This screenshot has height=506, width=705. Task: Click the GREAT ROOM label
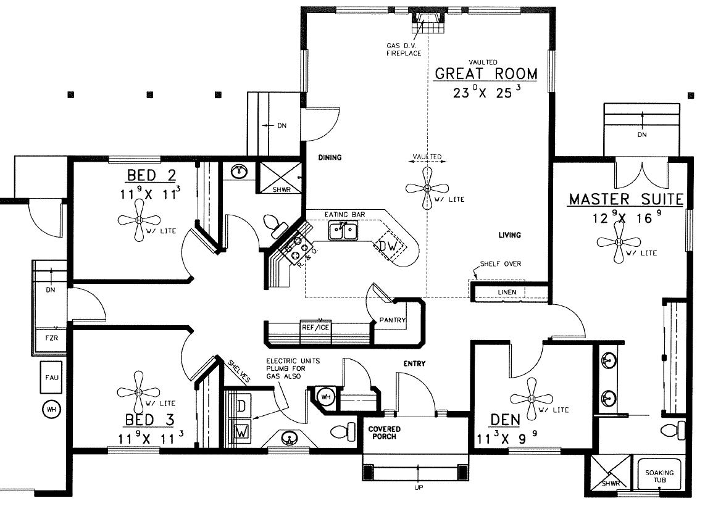(486, 73)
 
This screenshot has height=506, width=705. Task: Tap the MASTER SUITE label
(627, 199)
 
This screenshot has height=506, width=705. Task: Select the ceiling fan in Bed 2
(139, 220)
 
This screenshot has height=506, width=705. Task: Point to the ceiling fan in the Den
(532, 399)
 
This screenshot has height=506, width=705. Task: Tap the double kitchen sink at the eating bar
(343, 231)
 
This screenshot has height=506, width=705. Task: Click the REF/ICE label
(315, 328)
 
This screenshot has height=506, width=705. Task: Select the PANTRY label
(393, 320)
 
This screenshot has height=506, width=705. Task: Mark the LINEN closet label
(507, 292)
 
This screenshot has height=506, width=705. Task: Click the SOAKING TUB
(659, 476)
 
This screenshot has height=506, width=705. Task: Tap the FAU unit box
(52, 378)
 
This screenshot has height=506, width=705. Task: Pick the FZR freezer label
(52, 338)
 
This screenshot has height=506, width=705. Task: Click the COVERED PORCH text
(384, 433)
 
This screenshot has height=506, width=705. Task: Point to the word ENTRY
(414, 363)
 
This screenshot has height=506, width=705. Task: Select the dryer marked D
(242, 406)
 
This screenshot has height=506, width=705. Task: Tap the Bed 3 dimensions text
(151, 438)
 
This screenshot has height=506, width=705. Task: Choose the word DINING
(330, 157)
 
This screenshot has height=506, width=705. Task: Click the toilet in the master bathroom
(673, 429)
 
